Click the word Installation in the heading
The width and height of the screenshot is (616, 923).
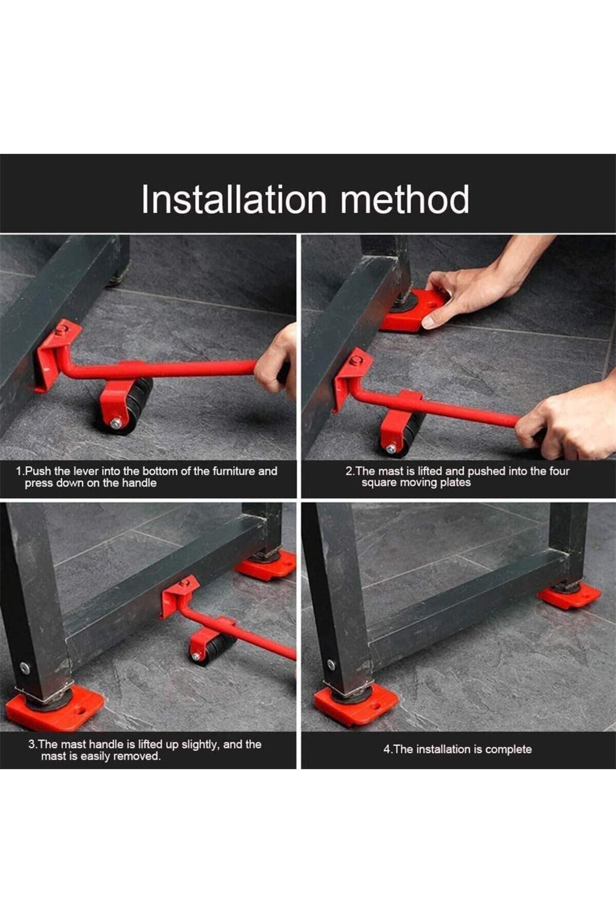coord(234,199)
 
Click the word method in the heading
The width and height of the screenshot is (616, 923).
coord(405,199)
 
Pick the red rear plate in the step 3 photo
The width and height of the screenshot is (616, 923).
coord(267,564)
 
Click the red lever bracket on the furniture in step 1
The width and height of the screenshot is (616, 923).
coord(56,354)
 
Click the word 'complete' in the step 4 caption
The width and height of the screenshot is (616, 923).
coord(508,749)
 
